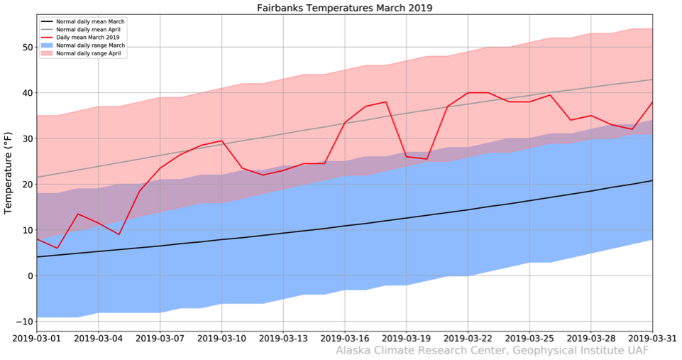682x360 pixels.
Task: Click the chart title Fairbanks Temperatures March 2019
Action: (344, 9)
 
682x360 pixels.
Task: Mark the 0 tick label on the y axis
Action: (28, 276)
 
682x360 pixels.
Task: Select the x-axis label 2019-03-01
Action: (35, 337)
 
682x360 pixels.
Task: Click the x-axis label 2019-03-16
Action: (344, 337)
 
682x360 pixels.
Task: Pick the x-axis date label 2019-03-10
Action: (221, 337)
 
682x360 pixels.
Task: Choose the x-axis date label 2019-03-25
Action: (529, 337)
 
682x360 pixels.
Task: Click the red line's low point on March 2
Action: (57, 249)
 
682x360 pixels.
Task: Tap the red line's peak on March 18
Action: (386, 102)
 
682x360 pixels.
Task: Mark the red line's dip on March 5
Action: (119, 234)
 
